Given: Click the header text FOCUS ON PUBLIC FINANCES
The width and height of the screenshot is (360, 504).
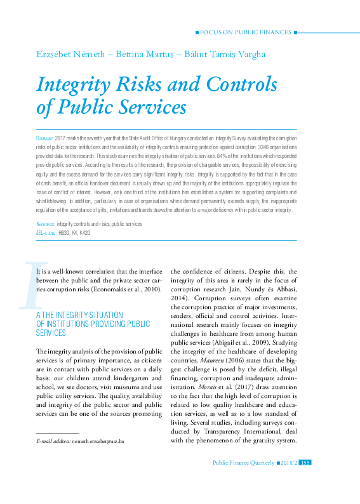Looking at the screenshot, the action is (x=246, y=31).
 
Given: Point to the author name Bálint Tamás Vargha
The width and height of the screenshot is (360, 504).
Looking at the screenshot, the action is (x=218, y=54).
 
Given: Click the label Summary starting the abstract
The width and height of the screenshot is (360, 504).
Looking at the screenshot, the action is (x=44, y=138).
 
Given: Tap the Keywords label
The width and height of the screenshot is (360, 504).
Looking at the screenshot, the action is (x=46, y=224).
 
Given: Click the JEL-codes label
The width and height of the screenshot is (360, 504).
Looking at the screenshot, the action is (x=46, y=233).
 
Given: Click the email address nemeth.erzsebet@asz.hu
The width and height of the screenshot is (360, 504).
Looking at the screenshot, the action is (x=98, y=457).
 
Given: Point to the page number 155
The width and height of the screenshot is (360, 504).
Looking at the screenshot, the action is (x=304, y=480).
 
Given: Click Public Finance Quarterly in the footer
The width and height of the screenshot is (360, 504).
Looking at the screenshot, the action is (x=244, y=480).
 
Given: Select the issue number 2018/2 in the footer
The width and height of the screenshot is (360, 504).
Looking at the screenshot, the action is (x=288, y=480).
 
